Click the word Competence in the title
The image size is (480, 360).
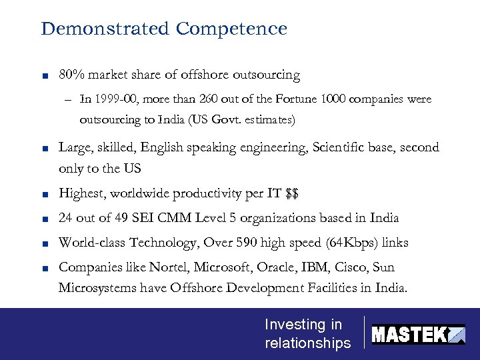(x=231, y=29)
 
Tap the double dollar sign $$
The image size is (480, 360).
(x=291, y=194)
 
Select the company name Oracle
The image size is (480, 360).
(x=246, y=267)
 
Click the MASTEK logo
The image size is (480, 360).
(x=418, y=334)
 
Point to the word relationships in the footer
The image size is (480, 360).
(x=307, y=343)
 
